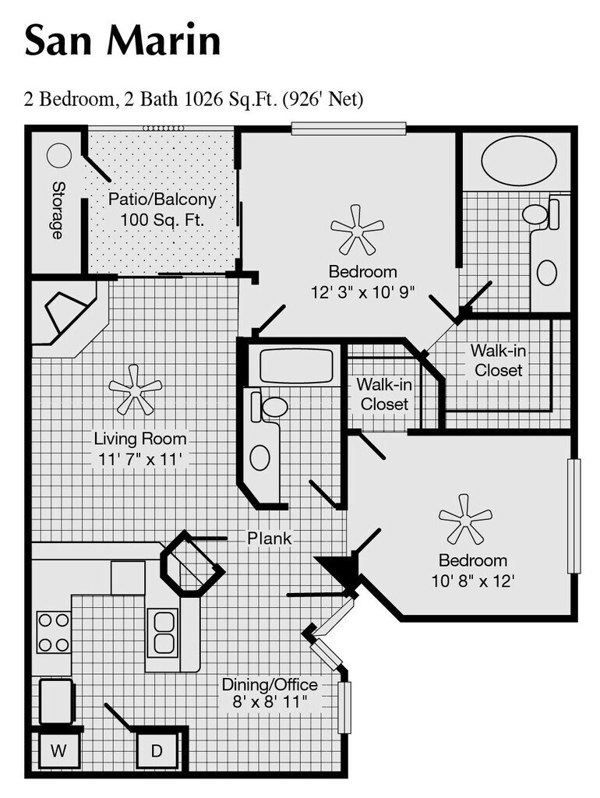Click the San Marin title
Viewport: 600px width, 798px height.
pos(122,41)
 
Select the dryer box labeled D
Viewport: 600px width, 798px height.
pos(157,751)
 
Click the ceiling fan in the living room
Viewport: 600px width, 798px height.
pos(135,388)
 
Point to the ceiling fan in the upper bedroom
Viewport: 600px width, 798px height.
pos(357,229)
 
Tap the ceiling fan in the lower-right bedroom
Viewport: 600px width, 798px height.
pos(465,518)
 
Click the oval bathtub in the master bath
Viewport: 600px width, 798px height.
pos(518,161)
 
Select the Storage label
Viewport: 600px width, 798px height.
pos(58,210)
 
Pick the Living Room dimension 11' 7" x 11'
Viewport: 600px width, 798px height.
pos(140,459)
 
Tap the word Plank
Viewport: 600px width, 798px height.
pos(270,538)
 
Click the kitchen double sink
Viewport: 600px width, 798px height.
pos(164,632)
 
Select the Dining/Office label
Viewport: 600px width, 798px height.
pos(270,685)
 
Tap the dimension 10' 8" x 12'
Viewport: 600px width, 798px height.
pos(472,581)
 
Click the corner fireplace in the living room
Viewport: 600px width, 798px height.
pos(65,316)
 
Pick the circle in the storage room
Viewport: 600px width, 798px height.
pos(59,156)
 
